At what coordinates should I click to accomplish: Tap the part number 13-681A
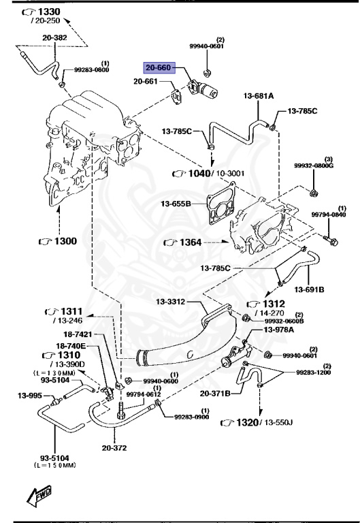tap(257, 97)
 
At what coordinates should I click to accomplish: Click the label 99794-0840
tap(329, 215)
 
